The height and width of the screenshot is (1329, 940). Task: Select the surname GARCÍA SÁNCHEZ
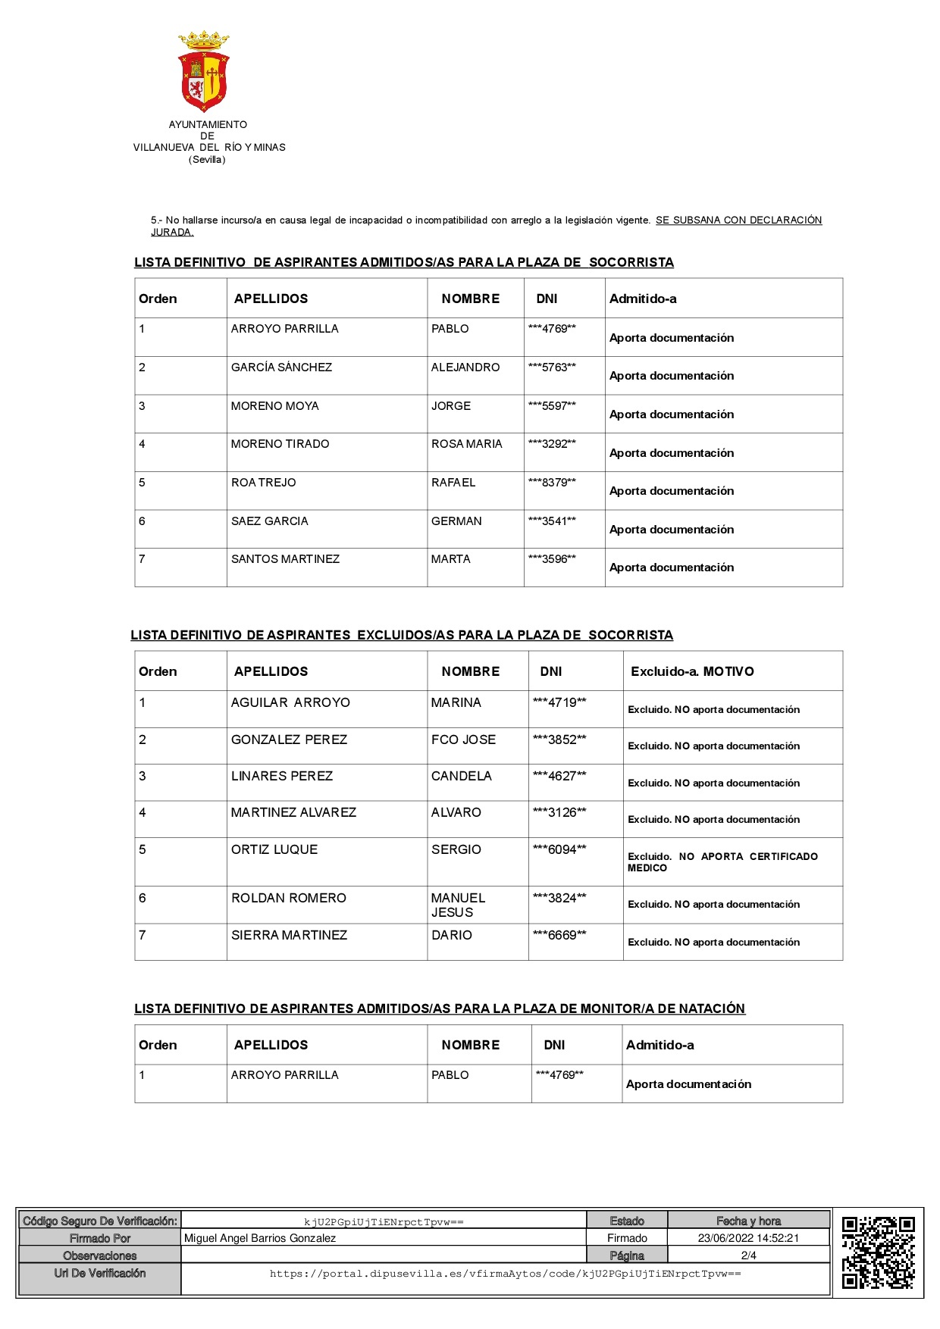pyautogui.click(x=281, y=367)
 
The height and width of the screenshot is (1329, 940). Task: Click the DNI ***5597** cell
pyautogui.click(x=552, y=406)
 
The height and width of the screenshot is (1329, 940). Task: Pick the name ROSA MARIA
pyautogui.click(x=466, y=444)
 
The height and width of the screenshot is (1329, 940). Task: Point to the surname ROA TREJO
pyautogui.click(x=263, y=483)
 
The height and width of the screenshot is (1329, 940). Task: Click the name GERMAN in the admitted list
pyautogui.click(x=456, y=521)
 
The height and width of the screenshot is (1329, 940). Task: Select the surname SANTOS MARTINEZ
pyautogui.click(x=285, y=559)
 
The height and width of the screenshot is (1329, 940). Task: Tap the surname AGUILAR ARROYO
pyautogui.click(x=290, y=703)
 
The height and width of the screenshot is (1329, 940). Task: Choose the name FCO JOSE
pyautogui.click(x=463, y=740)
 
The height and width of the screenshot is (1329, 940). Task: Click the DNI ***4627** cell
pyautogui.click(x=559, y=776)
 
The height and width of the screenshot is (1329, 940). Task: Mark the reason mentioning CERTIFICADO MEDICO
pyautogui.click(x=722, y=862)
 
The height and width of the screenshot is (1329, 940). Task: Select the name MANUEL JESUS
pyautogui.click(x=458, y=905)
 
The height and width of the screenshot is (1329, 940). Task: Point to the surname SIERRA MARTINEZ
pyautogui.click(x=289, y=936)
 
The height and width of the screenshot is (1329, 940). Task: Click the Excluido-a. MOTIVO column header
pyautogui.click(x=692, y=672)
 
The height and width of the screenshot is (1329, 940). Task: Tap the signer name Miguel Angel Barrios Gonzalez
pyautogui.click(x=260, y=1238)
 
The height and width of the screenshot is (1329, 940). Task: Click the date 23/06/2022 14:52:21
pyautogui.click(x=748, y=1238)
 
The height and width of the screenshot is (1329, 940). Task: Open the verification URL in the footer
pyautogui.click(x=505, y=1274)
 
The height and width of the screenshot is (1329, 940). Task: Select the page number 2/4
pyautogui.click(x=748, y=1256)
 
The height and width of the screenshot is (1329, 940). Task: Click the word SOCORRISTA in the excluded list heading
pyautogui.click(x=631, y=636)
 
